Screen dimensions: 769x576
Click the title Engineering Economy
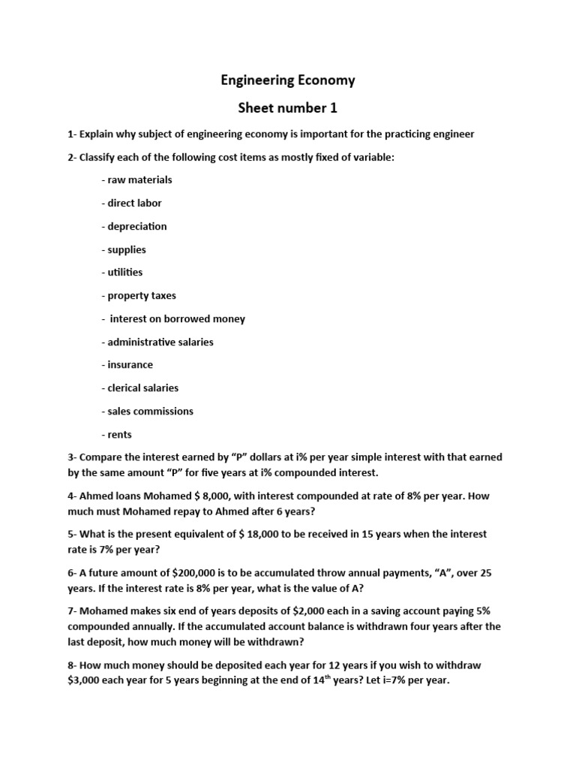coord(287,80)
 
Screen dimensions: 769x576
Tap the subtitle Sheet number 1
coord(287,108)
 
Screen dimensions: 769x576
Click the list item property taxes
coord(142,296)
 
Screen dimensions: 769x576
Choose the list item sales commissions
coord(150,412)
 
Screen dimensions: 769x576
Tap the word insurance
coord(130,365)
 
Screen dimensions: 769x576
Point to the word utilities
coord(124,273)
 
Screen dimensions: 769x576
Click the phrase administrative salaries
coord(160,342)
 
